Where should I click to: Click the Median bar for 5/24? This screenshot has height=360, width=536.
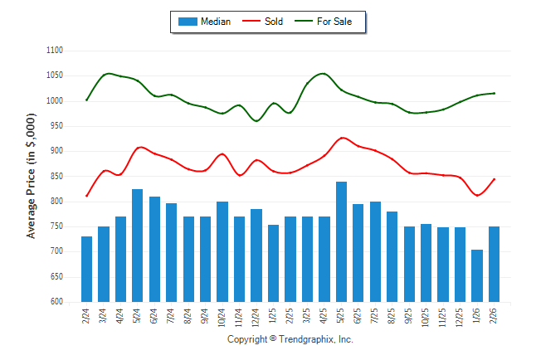coord(138,246)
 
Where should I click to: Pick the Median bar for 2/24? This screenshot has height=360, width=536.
coord(87,269)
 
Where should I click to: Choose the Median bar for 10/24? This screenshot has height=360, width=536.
coord(222,251)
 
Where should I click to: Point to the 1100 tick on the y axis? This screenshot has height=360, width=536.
coord(55,51)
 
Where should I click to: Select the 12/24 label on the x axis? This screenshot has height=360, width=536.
coord(256,318)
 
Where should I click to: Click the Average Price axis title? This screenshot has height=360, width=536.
coord(32,176)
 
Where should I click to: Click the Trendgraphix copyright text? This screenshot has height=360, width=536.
coord(290,340)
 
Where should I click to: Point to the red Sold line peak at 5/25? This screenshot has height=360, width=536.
coord(342,138)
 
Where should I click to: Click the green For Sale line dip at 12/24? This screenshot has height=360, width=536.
coord(256,121)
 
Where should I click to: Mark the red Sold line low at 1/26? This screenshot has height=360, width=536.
coord(477,196)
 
